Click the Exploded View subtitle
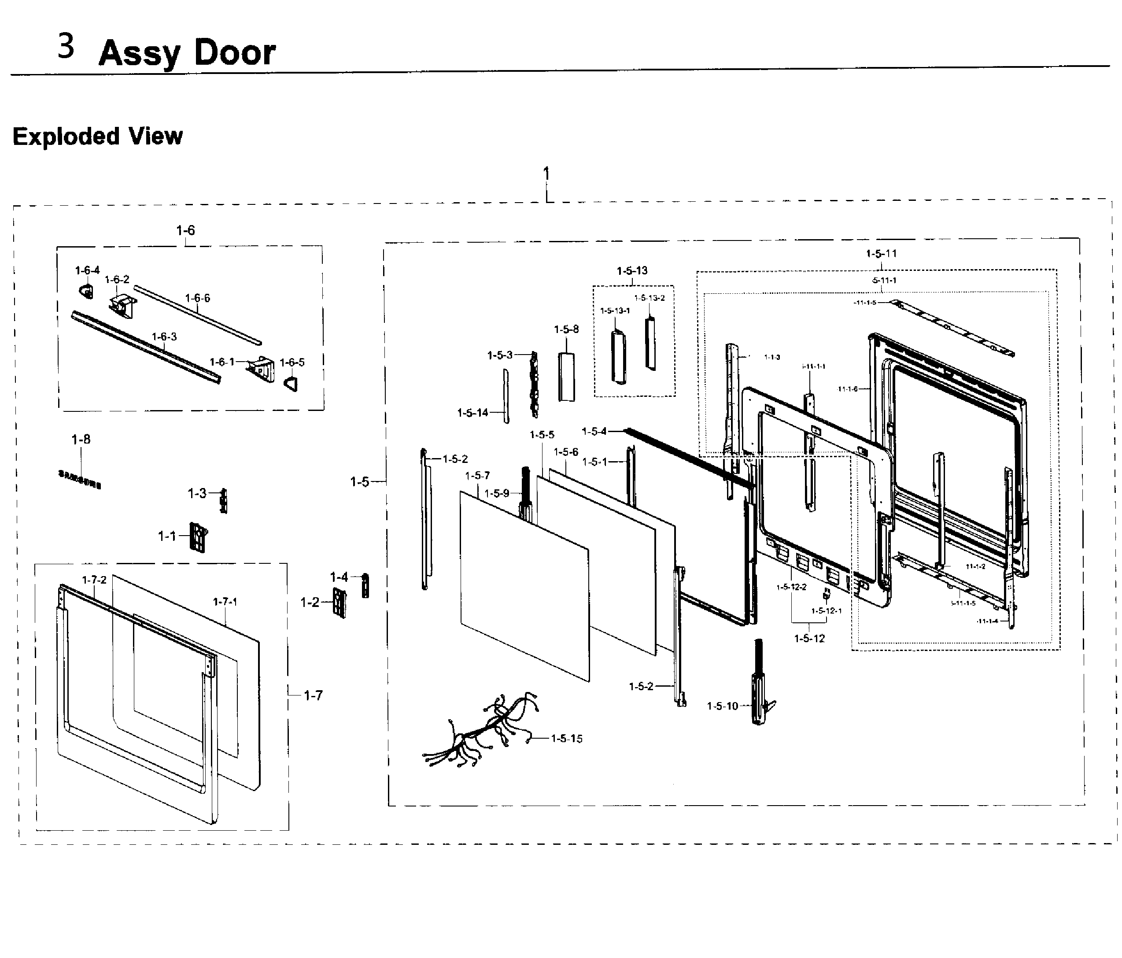[97, 137]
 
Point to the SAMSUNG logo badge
[80, 480]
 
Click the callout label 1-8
[81, 439]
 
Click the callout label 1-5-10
[722, 706]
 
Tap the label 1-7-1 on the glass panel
[225, 602]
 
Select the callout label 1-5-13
[632, 271]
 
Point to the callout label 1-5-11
[881, 253]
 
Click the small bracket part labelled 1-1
[198, 536]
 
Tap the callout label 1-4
[339, 577]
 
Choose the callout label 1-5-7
[477, 476]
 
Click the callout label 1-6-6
[197, 298]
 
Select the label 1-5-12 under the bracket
[809, 639]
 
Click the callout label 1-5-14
[472, 413]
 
